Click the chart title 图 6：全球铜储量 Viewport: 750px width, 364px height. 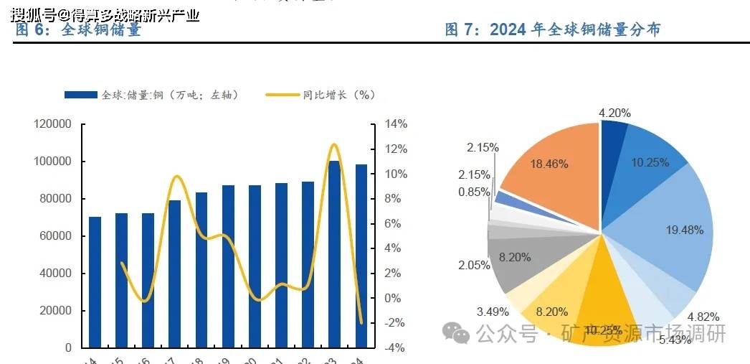pyautogui.click(x=78, y=29)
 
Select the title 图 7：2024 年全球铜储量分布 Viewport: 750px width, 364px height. pyautogui.click(x=552, y=29)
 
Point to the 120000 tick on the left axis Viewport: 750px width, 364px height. pyautogui.click(x=52, y=124)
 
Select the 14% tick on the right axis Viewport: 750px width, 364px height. pyautogui.click(x=395, y=124)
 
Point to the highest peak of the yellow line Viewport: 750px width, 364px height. pyautogui.click(x=333, y=145)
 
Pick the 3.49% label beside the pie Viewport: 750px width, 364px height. pyautogui.click(x=493, y=312)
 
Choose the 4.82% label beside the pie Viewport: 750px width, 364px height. pyautogui.click(x=703, y=317)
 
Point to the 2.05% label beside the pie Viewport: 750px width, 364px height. pyautogui.click(x=474, y=266)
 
